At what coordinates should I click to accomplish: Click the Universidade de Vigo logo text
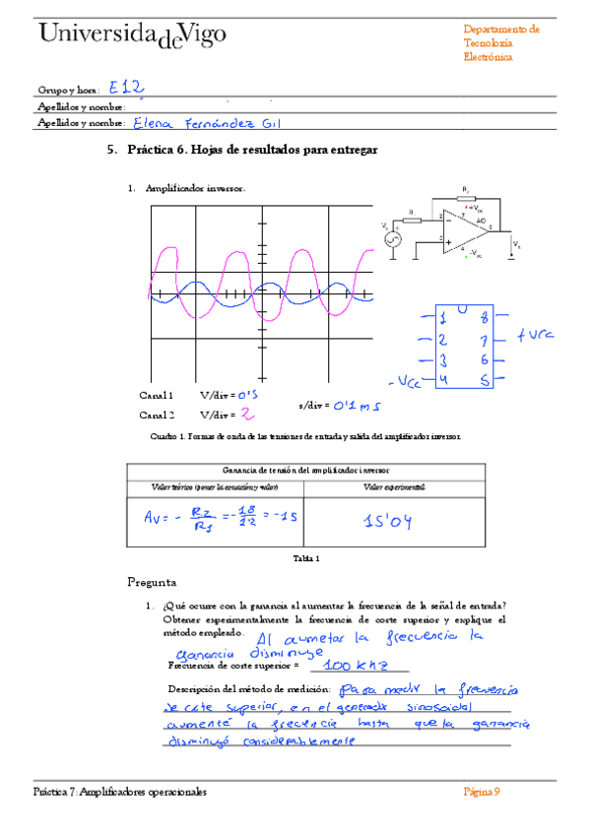[133, 35]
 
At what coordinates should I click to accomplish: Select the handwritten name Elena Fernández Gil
[206, 123]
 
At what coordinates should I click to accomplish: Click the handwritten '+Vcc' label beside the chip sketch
[537, 335]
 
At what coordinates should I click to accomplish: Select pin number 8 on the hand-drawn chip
[483, 318]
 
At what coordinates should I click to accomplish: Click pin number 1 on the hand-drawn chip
[444, 318]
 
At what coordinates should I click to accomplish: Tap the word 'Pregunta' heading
[153, 580]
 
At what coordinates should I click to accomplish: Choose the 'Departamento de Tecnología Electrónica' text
[500, 43]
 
